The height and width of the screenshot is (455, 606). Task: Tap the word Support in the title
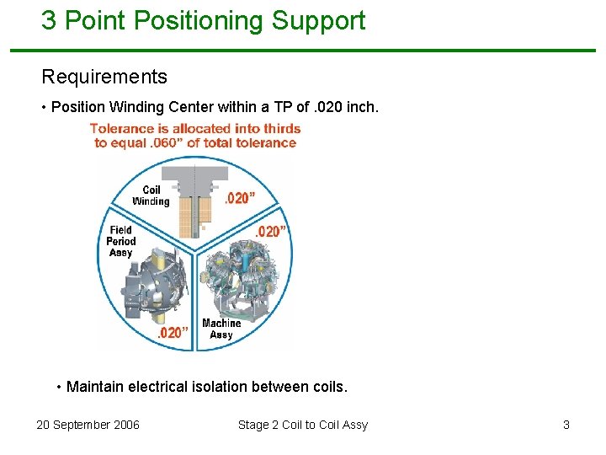[x=317, y=21]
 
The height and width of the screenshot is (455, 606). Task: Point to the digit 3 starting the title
[x=49, y=21]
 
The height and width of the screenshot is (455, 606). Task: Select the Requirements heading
[x=104, y=78]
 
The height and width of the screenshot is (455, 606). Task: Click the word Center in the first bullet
[x=215, y=108]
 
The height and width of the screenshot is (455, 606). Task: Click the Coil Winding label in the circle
[x=151, y=195]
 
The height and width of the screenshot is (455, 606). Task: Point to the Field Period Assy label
[x=120, y=241]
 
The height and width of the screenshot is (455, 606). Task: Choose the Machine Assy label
[x=221, y=329]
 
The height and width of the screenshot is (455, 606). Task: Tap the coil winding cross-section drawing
[x=195, y=202]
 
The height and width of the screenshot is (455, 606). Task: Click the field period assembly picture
[x=151, y=286]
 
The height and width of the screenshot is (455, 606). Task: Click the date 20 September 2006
[x=88, y=425]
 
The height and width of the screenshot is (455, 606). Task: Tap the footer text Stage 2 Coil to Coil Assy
[x=303, y=425]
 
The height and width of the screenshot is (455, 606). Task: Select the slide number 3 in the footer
[x=566, y=425]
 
